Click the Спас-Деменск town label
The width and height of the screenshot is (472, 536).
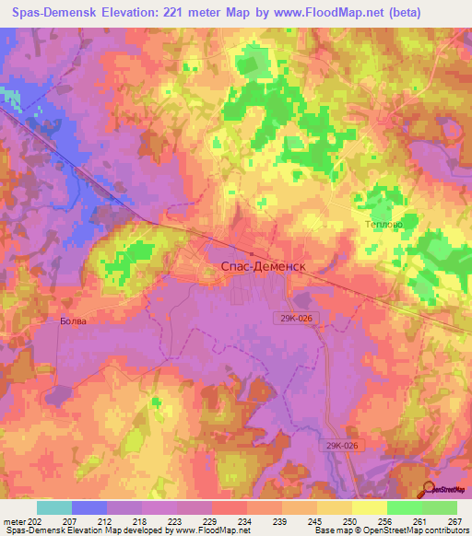(x=263, y=265)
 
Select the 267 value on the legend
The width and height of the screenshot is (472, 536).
(x=454, y=520)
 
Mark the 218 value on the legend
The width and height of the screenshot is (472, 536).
(x=141, y=520)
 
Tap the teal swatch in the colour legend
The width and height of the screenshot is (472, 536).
(x=54, y=507)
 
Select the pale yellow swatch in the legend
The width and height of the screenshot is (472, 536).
(x=369, y=507)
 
